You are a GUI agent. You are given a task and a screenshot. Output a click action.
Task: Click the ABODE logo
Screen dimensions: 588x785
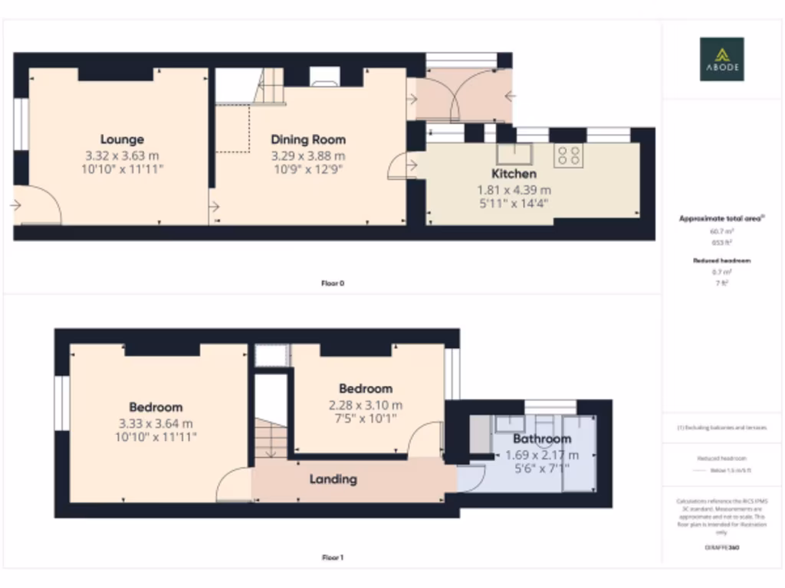721,59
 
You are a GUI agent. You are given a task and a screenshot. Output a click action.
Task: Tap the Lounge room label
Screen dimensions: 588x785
122,139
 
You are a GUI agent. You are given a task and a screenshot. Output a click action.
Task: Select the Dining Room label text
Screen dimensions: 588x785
308,139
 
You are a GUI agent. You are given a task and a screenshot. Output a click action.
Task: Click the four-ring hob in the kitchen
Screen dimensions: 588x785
569,155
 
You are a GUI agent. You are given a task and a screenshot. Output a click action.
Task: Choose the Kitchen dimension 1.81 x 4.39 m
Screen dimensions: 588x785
514,190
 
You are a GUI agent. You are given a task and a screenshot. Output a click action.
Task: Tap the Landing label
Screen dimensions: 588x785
333,479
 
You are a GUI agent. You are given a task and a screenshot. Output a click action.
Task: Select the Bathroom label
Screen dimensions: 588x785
542,439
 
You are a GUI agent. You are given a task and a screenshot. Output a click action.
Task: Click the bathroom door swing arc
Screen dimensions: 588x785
471,476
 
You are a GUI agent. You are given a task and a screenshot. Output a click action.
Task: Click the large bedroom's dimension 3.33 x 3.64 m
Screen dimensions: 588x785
156,423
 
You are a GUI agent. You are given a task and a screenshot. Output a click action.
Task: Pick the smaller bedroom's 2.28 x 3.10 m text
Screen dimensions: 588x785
365,405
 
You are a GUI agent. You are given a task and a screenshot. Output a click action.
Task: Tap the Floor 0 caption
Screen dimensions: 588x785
333,283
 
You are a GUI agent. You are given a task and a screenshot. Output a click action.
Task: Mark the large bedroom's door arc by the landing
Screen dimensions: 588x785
232,486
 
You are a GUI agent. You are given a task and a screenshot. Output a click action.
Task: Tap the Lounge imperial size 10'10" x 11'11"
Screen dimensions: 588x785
122,168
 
